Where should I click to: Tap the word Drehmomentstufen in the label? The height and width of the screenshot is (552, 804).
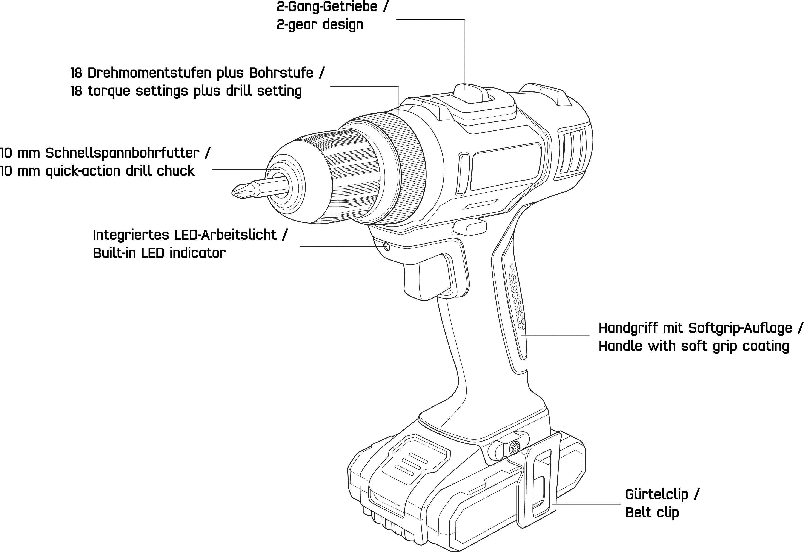point(149,73)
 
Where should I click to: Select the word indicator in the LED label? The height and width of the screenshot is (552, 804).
point(198,253)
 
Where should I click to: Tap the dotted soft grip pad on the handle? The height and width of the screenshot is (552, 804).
point(517,297)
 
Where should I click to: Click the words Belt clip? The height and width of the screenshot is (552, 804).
point(652,513)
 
